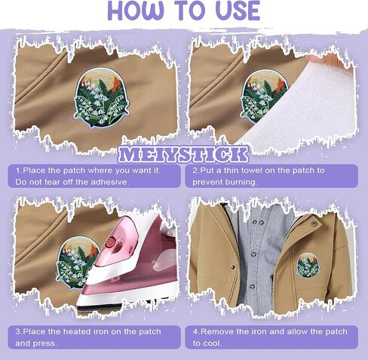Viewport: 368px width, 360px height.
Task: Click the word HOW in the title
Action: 136,11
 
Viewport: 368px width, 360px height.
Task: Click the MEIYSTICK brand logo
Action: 183,155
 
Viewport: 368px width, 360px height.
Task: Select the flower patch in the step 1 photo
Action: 101,97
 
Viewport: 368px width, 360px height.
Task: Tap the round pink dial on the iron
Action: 111,242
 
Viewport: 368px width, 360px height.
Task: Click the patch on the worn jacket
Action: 308,266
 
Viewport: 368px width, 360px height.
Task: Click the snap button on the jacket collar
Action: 314,223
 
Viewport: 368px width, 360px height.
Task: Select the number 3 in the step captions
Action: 18,331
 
